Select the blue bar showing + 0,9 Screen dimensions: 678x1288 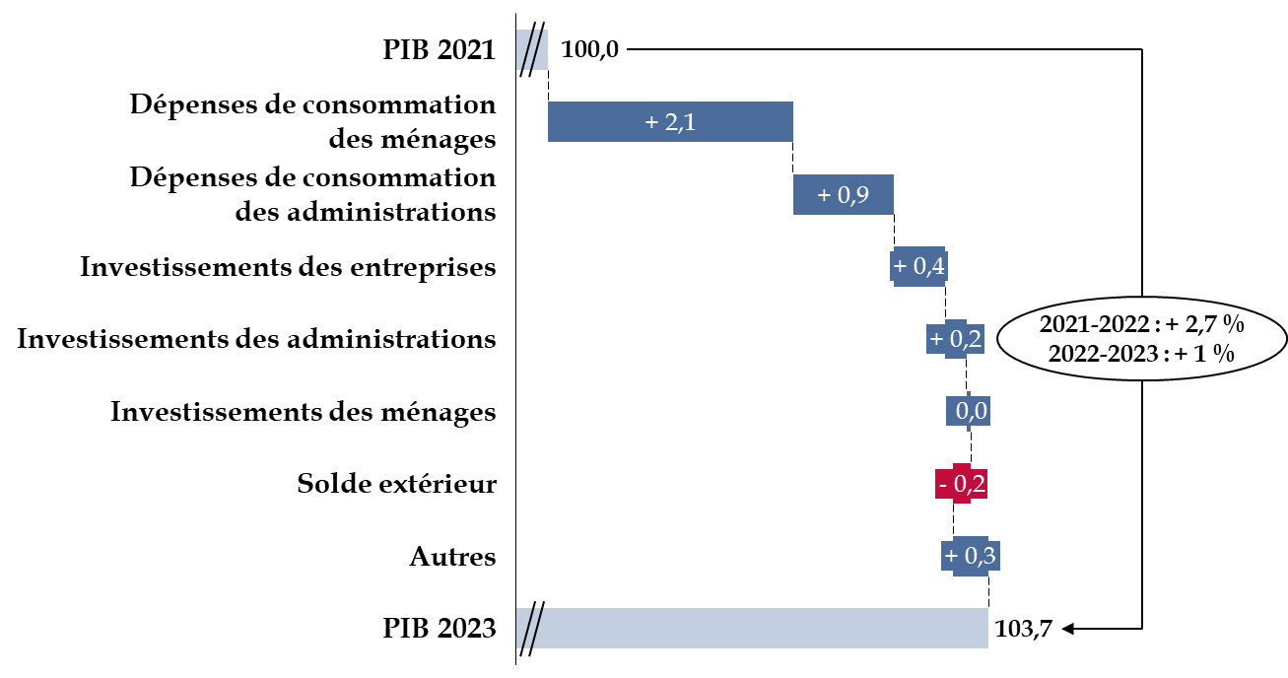(x=877, y=195)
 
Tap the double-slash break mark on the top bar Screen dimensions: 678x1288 (x=531, y=49)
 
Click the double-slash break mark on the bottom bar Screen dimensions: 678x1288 (x=531, y=628)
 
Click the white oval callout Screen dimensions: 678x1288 (x=1142, y=338)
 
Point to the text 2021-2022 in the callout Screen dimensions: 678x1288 (x=1094, y=324)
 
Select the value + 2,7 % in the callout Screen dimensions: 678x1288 (x=1204, y=324)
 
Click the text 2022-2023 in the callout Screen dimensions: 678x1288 (x=1103, y=354)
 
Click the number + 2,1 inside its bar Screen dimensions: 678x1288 (x=670, y=122)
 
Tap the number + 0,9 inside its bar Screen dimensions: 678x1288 (x=844, y=195)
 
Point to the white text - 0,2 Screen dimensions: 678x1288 (x=961, y=484)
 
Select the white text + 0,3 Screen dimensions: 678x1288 (x=970, y=556)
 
